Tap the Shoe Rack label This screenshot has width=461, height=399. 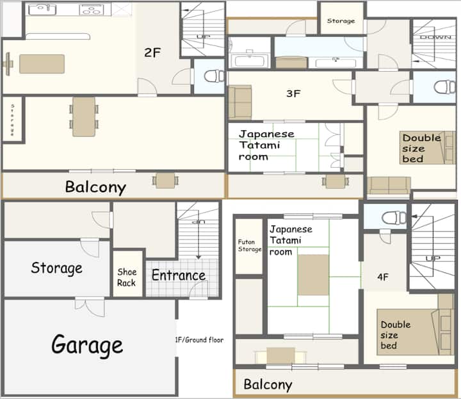(x=127, y=277)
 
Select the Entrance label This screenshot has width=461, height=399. (x=179, y=275)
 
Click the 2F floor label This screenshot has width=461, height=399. (x=152, y=53)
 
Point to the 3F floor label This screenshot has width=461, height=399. (x=293, y=94)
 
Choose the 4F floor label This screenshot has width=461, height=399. (x=383, y=277)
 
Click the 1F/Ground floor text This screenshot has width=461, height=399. (x=199, y=340)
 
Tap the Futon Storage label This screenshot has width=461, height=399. (x=249, y=245)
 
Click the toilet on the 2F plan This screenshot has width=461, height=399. (x=214, y=76)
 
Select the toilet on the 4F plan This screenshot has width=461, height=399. (x=394, y=218)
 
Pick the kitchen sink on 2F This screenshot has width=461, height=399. (x=42, y=10)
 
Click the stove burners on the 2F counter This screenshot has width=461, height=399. (x=90, y=10)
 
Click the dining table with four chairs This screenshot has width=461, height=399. (x=84, y=117)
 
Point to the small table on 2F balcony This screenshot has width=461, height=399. (x=165, y=181)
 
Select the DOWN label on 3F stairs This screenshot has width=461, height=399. (x=435, y=37)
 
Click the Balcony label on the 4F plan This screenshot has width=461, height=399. (x=268, y=385)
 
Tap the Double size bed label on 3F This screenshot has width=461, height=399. (x=421, y=148)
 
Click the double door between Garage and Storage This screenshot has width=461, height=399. (x=90, y=307)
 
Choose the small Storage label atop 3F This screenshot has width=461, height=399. (x=341, y=21)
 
